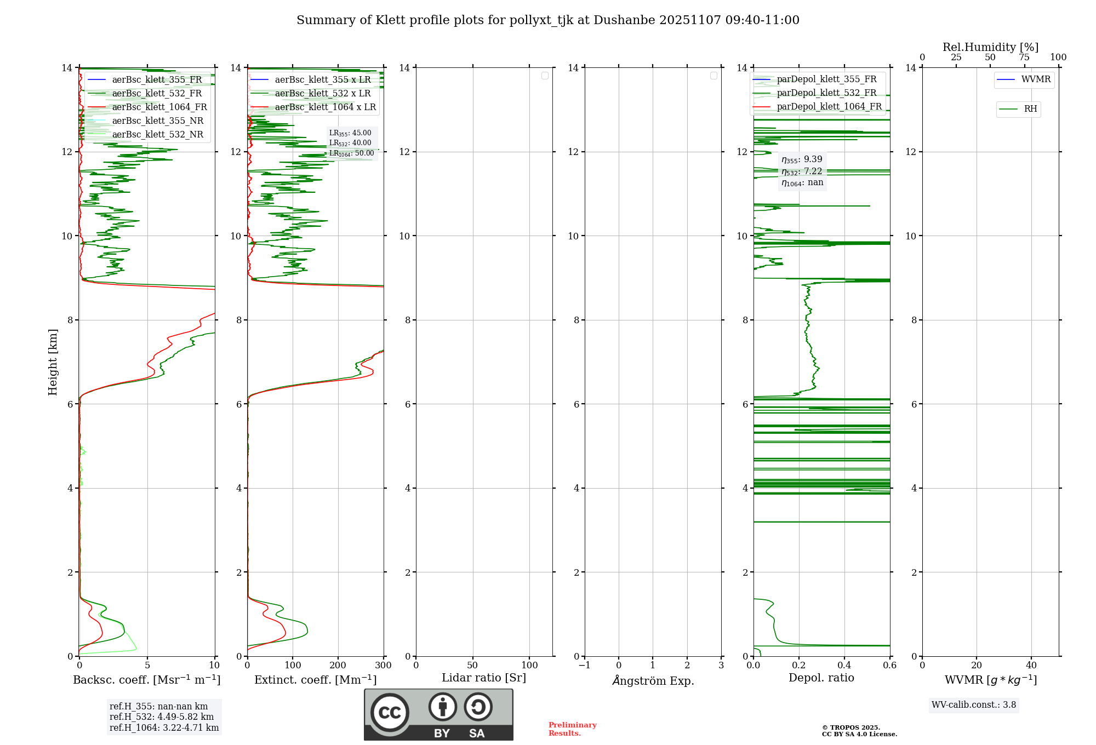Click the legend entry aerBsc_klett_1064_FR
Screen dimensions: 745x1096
tap(159, 107)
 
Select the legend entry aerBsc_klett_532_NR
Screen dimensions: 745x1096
tap(157, 135)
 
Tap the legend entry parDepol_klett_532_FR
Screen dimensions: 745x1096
tap(826, 93)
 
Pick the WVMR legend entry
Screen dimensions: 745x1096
tap(1035, 79)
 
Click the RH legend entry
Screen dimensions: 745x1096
tap(1030, 109)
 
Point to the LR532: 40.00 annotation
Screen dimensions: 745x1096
tap(350, 143)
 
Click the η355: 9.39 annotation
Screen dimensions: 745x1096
tap(802, 159)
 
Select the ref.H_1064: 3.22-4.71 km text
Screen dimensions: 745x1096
tap(164, 728)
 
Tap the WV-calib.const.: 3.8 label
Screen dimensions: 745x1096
tap(973, 705)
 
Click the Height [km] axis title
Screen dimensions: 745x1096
tap(53, 362)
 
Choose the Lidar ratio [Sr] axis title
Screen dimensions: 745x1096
tap(484, 678)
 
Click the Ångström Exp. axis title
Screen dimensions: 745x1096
tap(653, 680)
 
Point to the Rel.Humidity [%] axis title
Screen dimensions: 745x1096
tap(990, 47)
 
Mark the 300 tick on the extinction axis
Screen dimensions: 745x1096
tap(383, 666)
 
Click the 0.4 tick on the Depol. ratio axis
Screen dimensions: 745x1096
tap(844, 666)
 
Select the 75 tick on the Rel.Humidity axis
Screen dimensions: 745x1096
tap(1024, 58)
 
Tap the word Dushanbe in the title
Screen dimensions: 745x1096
tap(624, 20)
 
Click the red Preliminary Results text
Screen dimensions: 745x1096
tap(572, 729)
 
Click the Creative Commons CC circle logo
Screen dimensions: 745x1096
tap(390, 713)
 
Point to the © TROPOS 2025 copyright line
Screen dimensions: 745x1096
tap(850, 727)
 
